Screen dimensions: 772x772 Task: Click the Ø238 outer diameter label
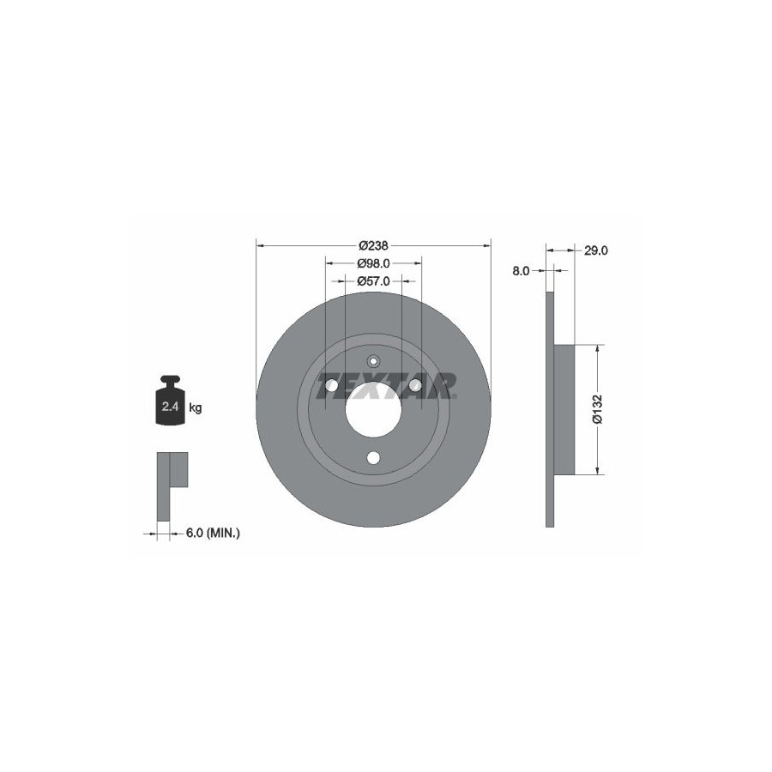coord(374,244)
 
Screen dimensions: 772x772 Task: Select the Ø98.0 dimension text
coord(374,263)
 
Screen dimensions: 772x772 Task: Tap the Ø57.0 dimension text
coord(374,281)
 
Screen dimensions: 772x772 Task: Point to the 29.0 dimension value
coord(596,250)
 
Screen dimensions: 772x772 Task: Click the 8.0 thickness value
coord(521,270)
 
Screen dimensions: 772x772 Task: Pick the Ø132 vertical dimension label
coord(597,408)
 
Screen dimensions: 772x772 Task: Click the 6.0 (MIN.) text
coord(213,533)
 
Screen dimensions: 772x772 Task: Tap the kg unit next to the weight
coord(196,407)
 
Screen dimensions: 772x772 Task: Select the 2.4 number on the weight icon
coord(171,407)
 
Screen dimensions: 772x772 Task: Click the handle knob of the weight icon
coord(171,380)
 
